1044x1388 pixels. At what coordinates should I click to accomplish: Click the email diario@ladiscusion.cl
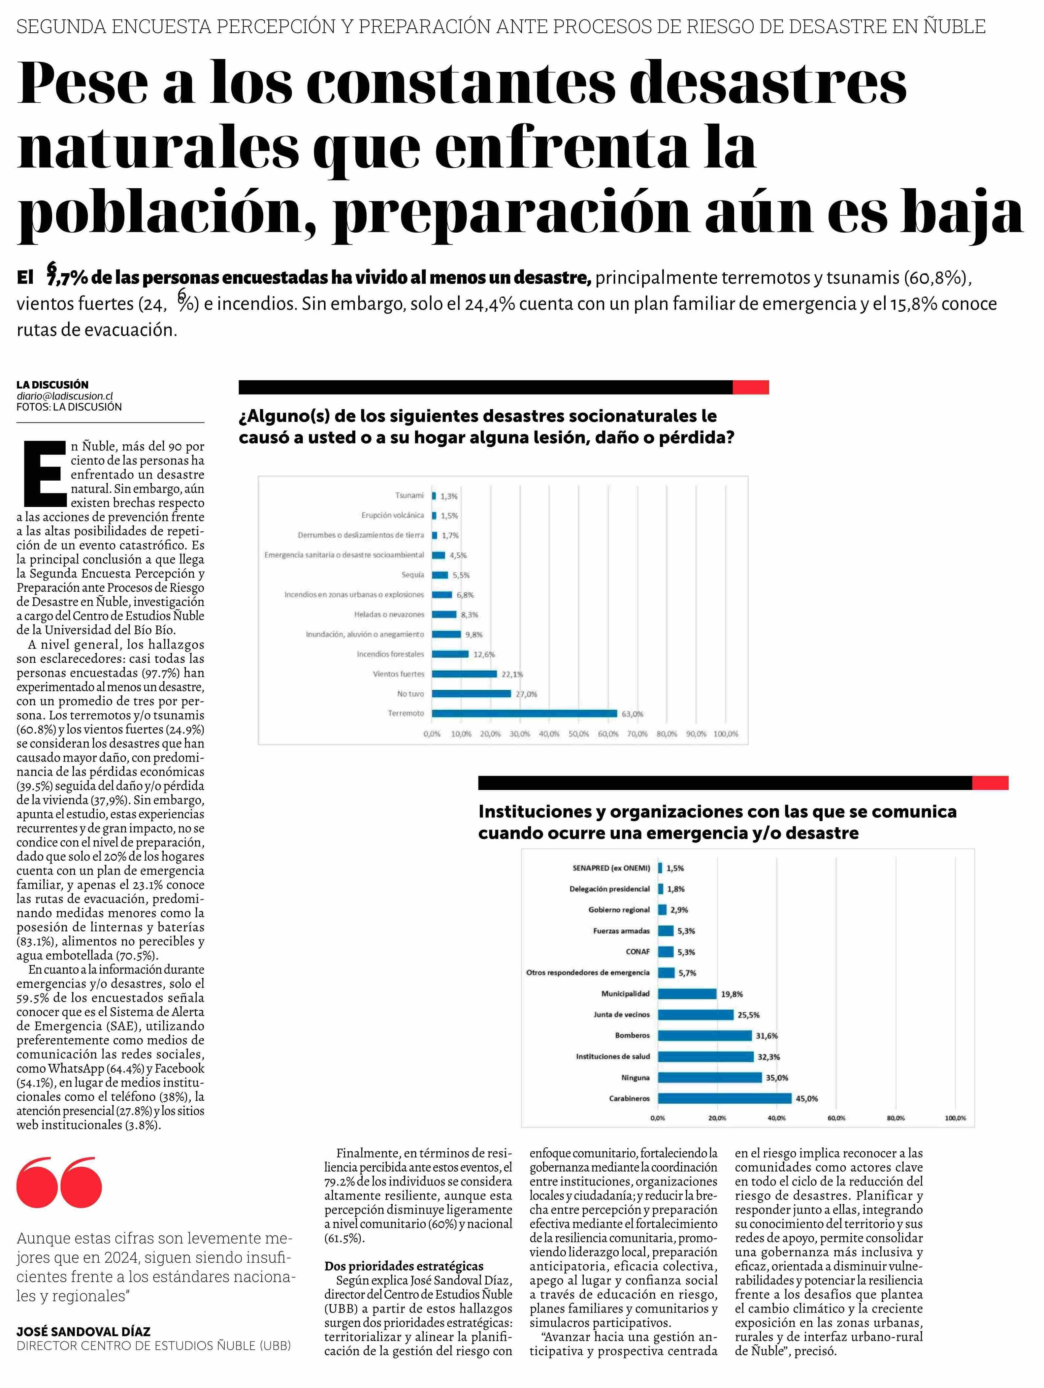[65, 396]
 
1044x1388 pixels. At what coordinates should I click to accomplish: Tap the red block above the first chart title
[751, 387]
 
